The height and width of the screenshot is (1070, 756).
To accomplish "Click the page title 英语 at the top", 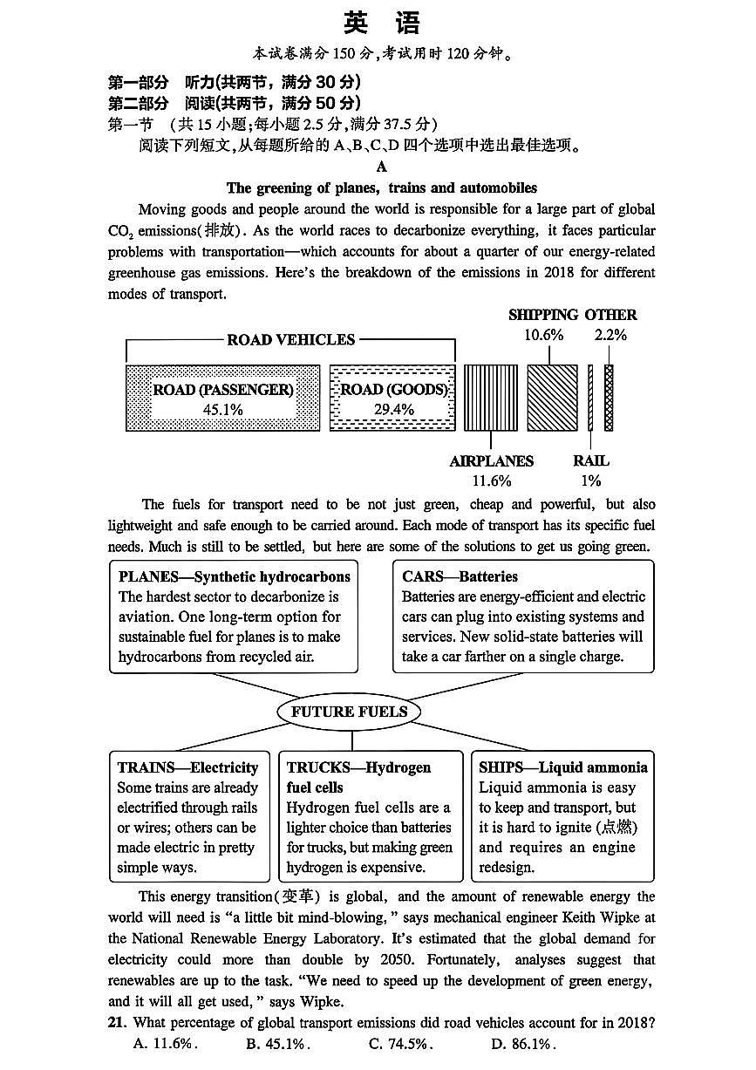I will click(x=381, y=23).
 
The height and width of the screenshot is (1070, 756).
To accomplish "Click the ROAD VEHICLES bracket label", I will click(x=290, y=340).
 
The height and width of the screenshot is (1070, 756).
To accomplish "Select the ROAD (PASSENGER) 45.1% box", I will click(x=223, y=399).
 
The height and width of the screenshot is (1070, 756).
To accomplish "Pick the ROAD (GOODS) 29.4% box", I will click(x=393, y=399).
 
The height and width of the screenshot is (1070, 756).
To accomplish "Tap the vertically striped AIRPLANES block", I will click(x=490, y=398).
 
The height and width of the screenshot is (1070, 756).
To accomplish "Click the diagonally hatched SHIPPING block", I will click(x=552, y=398).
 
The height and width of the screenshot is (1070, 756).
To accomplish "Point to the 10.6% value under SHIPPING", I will click(x=543, y=334).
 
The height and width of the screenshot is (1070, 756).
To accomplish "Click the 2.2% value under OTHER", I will click(x=610, y=334).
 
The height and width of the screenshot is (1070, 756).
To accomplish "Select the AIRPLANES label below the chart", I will click(x=491, y=461).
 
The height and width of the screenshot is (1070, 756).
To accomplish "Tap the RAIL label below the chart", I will click(x=590, y=461).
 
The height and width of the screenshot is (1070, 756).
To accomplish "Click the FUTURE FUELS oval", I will click(x=349, y=712).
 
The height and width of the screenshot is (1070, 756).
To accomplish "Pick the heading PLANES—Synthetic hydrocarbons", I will click(x=235, y=576).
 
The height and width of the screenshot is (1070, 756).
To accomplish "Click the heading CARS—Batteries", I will click(x=460, y=576).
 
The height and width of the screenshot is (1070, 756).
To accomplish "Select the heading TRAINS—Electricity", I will click(x=187, y=767).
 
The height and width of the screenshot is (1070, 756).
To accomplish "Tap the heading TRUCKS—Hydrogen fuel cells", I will click(x=358, y=777).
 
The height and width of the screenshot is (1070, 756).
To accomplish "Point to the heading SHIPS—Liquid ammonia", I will click(x=562, y=767).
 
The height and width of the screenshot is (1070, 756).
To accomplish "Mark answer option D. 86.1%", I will click(x=522, y=1044).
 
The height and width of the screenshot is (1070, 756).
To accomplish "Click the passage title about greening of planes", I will click(x=381, y=188).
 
